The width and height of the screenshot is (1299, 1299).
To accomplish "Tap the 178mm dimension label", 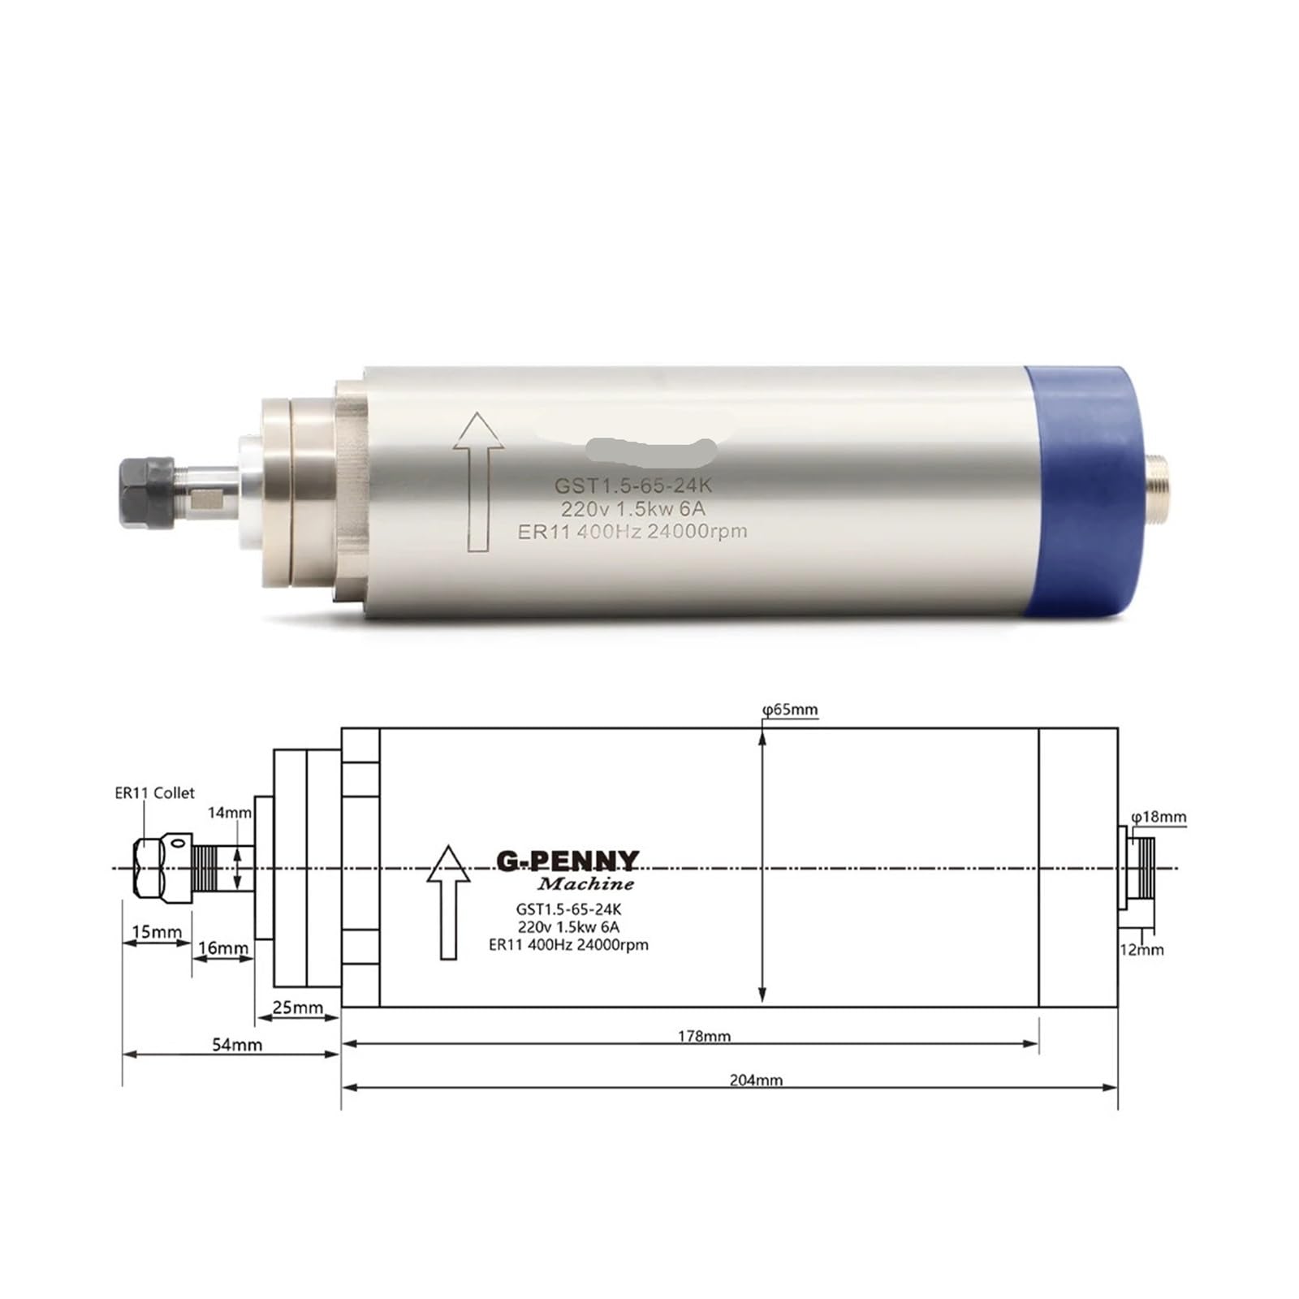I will tap(704, 1036).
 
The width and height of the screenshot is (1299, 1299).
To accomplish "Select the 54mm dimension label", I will tap(237, 1045).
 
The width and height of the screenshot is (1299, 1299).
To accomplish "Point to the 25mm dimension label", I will tap(297, 1008).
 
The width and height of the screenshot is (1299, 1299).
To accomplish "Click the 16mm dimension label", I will tap(223, 947).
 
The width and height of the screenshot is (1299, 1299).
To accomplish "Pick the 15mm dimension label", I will tap(157, 931).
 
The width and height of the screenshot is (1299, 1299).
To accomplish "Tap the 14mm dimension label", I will tap(230, 812).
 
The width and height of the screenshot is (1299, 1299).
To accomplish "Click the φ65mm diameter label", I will tap(790, 710).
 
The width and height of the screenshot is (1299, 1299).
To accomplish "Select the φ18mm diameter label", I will tap(1159, 817).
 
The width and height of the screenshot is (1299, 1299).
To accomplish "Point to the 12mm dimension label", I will tap(1141, 949).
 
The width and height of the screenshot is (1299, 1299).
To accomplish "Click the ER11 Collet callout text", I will tap(154, 793).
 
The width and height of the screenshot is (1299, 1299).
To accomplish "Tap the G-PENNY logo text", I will tap(568, 861).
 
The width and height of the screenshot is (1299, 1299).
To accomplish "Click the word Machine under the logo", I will tap(585, 883).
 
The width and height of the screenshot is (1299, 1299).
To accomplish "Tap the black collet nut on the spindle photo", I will tap(147, 493).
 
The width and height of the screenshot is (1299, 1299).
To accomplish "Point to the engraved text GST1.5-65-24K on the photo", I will tap(632, 486).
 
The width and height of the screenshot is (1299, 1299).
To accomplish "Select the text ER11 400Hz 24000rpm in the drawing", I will tap(568, 945).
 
